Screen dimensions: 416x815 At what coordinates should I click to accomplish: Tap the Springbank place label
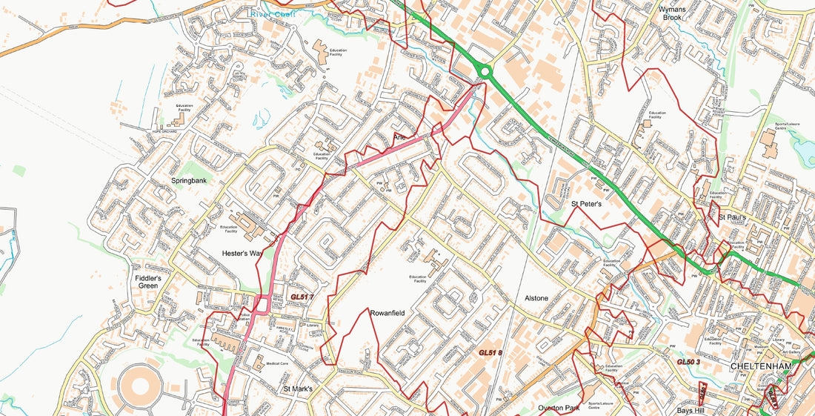[189, 180]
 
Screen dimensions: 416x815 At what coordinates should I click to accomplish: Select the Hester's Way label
[242, 254]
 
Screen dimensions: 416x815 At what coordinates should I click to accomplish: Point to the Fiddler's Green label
[148, 282]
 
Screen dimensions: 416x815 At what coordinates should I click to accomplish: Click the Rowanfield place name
[387, 314]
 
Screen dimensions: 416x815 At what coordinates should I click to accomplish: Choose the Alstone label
[536, 298]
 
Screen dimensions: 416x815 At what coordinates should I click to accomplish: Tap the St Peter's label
[585, 202]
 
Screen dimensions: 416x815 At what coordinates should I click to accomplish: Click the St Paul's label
[734, 217]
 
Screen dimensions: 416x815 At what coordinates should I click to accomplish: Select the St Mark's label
[299, 389]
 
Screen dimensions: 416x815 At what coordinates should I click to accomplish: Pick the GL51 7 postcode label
[302, 297]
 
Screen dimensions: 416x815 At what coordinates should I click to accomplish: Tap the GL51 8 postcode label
[490, 353]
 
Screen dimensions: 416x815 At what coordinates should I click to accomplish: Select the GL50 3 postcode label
[688, 362]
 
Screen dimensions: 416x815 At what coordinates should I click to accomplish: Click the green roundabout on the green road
[485, 72]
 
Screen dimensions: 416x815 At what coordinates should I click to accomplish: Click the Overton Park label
[559, 408]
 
